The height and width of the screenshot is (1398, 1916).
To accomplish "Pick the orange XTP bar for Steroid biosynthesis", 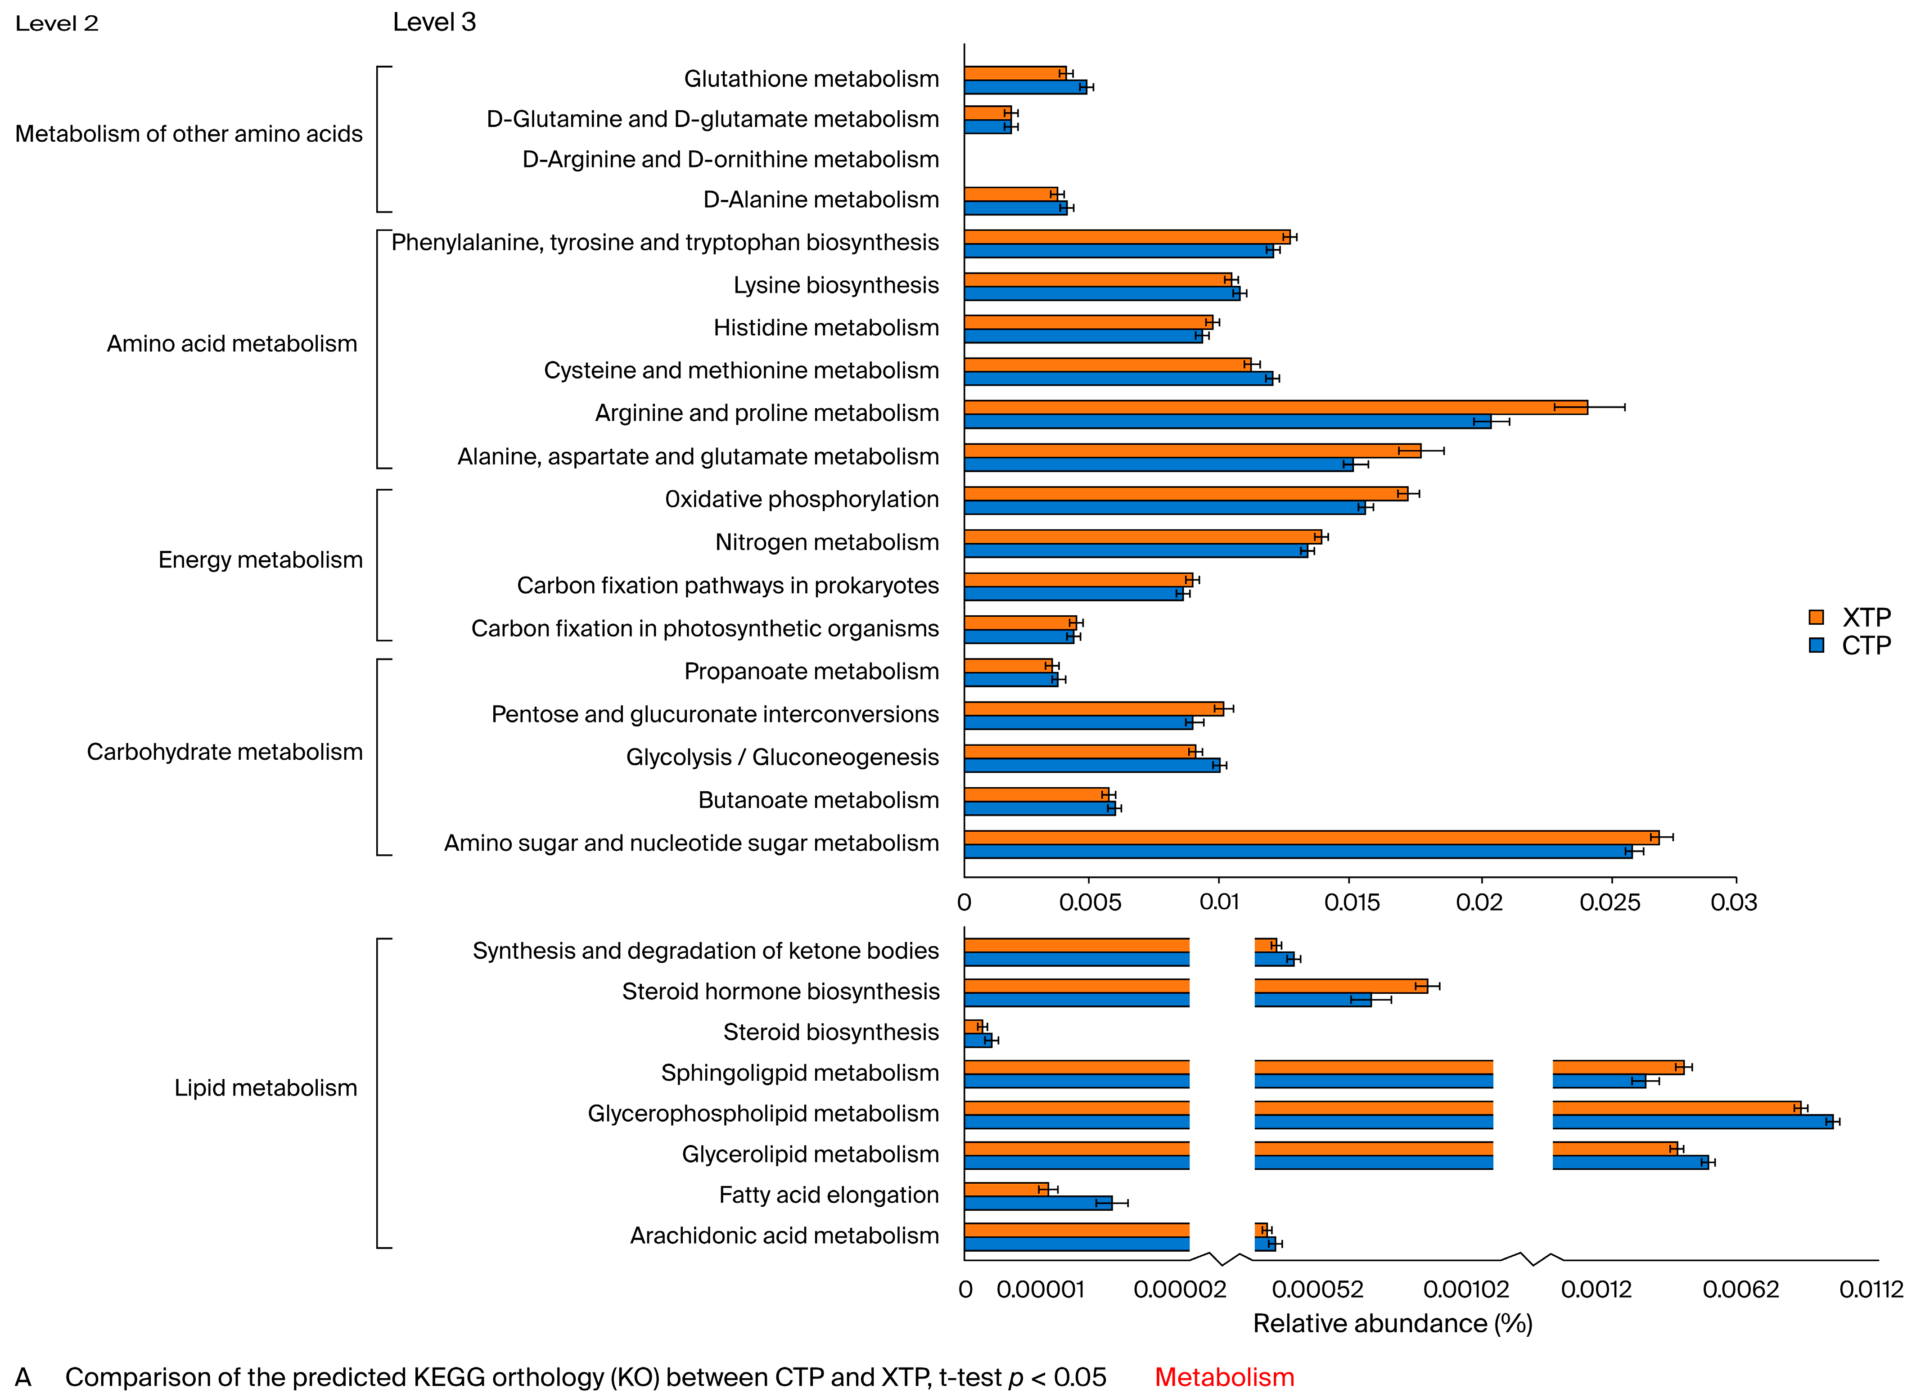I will click(x=973, y=1027).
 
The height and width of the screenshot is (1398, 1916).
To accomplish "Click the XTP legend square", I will click(x=1815, y=617).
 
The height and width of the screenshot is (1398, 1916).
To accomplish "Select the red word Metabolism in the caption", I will click(x=1224, y=1377).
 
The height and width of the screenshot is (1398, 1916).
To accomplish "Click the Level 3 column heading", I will click(x=434, y=22).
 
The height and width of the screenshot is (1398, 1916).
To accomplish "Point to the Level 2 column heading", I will click(x=57, y=24).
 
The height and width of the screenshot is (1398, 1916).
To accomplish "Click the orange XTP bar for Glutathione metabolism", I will click(x=1014, y=73).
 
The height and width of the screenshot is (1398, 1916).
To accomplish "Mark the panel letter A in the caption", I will click(x=23, y=1377).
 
